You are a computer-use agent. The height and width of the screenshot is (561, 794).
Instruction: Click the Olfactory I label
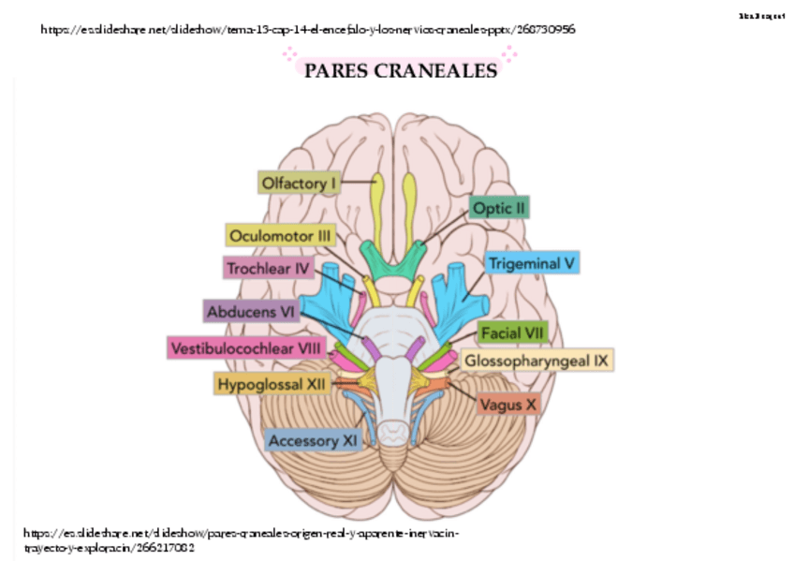pyautogui.click(x=298, y=184)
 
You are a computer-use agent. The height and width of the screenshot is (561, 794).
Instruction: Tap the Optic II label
pyautogui.click(x=500, y=208)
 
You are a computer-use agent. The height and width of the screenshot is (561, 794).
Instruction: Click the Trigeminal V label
pyautogui.click(x=533, y=263)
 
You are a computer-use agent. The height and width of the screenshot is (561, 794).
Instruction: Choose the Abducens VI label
pyautogui.click(x=251, y=311)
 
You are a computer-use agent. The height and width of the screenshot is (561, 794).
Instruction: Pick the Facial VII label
pyautogui.click(x=512, y=332)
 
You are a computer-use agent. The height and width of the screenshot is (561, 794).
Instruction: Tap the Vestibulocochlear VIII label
pyautogui.click(x=246, y=348)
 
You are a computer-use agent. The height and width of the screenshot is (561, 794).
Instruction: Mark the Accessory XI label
pyautogui.click(x=314, y=439)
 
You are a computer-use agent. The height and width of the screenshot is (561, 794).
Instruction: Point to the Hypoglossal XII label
pyautogui.click(x=272, y=384)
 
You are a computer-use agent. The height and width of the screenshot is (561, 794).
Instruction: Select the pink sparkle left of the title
pyautogui.click(x=289, y=57)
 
